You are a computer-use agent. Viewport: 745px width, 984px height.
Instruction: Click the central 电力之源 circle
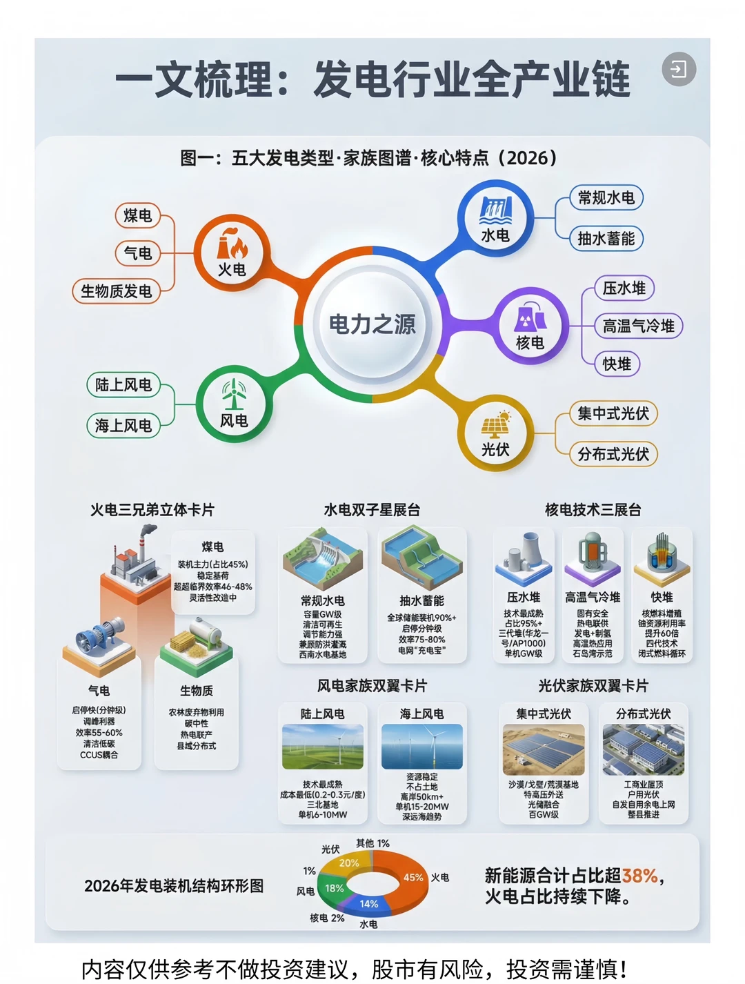[x=372, y=324]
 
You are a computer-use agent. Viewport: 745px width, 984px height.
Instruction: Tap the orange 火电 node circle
[x=232, y=253]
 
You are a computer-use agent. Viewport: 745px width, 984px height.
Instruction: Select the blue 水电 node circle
[x=495, y=218]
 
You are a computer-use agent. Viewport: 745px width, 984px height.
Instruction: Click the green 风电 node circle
[x=234, y=404]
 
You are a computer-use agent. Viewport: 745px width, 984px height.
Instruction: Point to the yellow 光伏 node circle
[x=495, y=433]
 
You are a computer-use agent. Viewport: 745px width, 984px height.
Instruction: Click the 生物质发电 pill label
[x=116, y=291]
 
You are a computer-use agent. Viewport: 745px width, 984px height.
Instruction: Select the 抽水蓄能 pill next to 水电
[x=606, y=239]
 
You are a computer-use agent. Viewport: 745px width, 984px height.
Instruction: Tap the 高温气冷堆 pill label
[x=638, y=326]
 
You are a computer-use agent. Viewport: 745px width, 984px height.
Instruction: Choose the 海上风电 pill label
[x=123, y=425]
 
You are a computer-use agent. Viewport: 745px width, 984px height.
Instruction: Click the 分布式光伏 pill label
[x=613, y=454]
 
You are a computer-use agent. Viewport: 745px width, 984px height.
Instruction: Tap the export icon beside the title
[x=679, y=69]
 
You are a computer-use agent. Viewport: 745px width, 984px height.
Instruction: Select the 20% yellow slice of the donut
[x=349, y=863]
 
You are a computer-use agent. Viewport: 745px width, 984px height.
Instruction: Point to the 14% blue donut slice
[x=369, y=903]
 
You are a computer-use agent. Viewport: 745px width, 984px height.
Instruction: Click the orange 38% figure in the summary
[x=639, y=876]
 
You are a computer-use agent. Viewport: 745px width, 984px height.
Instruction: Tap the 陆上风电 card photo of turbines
[x=322, y=747]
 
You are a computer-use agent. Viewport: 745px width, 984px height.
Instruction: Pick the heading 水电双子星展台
[x=372, y=510]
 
